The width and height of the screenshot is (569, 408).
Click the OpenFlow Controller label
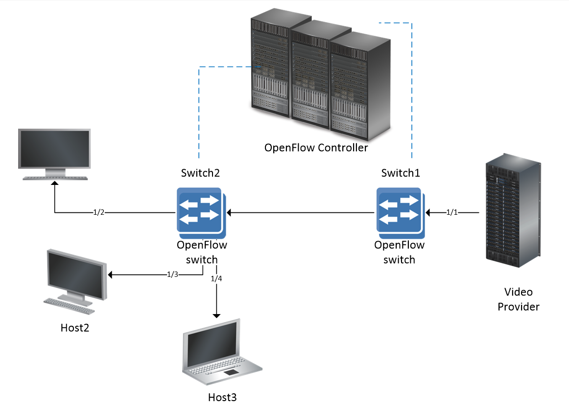click(x=316, y=147)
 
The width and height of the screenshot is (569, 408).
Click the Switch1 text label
click(x=401, y=173)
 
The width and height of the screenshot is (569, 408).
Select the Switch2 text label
click(x=201, y=173)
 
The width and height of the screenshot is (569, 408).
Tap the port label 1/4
click(x=216, y=279)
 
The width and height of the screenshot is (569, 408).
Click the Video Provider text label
click(x=518, y=299)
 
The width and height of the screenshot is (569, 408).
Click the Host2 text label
click(x=75, y=328)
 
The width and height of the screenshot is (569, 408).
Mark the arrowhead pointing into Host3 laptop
click(x=216, y=315)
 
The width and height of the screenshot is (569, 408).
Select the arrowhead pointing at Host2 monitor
click(x=110, y=275)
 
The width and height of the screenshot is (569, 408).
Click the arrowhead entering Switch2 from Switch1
click(x=229, y=213)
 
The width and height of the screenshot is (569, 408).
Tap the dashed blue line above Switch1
click(x=412, y=88)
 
